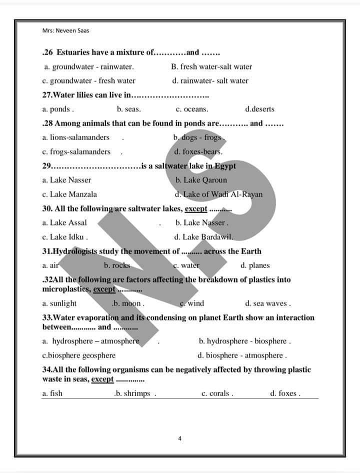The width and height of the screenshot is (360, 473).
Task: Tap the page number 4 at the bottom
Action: (179, 439)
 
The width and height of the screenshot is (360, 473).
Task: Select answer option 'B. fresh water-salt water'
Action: (211, 66)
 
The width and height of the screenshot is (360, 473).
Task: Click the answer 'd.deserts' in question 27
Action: (259, 109)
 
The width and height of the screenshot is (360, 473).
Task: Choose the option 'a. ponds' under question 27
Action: (58, 109)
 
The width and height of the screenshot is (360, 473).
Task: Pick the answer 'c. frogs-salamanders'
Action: (76, 151)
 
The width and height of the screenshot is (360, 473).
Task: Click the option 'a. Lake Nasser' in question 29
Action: (67, 180)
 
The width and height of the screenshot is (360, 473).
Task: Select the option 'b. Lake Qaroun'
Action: (201, 180)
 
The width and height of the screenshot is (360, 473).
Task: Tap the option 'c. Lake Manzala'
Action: (70, 194)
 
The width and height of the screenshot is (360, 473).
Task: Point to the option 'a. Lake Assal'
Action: (64, 222)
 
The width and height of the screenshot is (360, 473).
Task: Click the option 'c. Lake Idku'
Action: (65, 237)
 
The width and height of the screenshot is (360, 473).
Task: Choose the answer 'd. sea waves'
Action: (267, 303)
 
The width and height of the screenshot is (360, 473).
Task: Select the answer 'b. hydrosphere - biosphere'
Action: (244, 341)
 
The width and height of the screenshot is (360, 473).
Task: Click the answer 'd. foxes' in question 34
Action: (285, 393)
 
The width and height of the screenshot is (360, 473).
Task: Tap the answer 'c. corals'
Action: (217, 393)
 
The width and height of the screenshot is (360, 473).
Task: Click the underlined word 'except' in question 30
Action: (196, 208)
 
